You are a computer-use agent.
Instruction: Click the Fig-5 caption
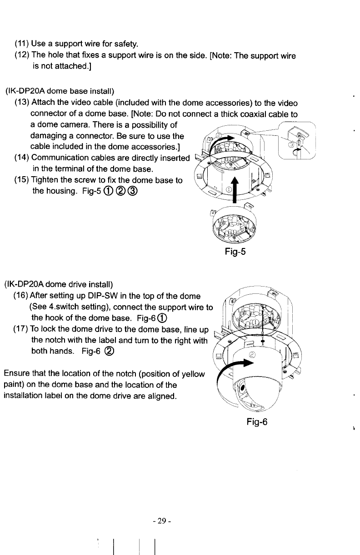tap(235, 252)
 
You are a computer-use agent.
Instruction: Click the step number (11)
tap(22, 44)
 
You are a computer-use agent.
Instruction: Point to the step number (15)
tap(22, 180)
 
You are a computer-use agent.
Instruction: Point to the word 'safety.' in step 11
tap(122, 44)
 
